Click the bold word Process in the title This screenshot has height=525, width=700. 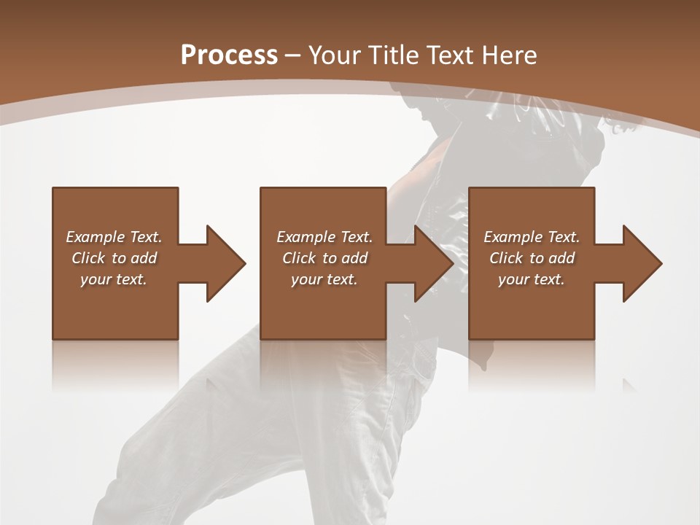pos(229,55)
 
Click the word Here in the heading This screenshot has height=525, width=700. pos(510,55)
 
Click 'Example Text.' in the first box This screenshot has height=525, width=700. pos(114,237)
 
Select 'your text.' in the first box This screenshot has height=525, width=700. pos(114,279)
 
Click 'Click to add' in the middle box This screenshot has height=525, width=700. pos(324,258)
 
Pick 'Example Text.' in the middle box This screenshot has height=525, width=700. pos(324,237)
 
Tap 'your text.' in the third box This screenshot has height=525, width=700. pos(532,279)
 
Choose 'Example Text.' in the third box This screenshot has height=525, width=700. pos(532,237)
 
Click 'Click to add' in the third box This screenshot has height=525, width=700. pos(532,258)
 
